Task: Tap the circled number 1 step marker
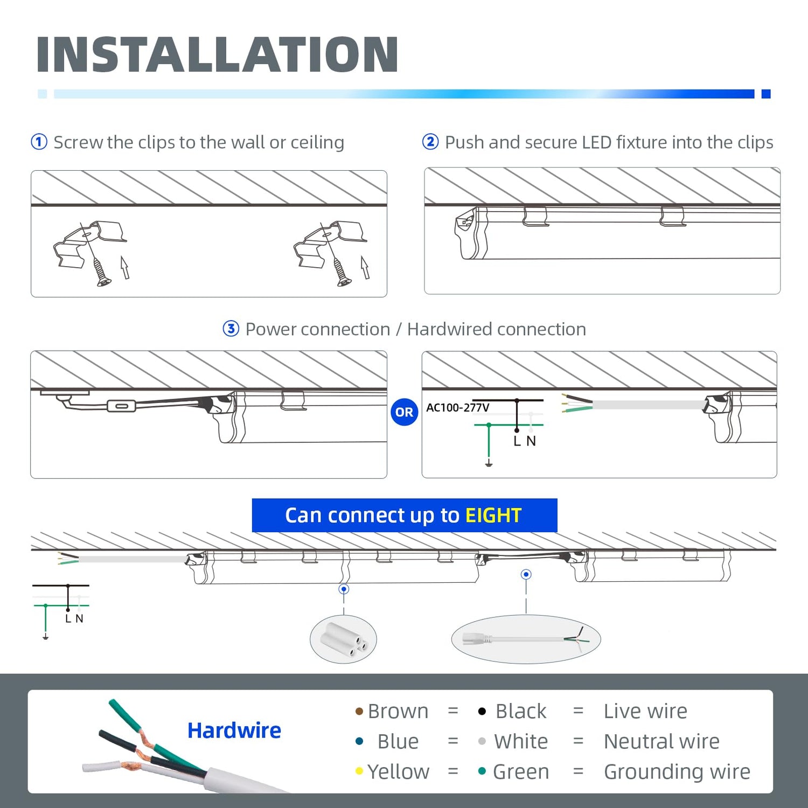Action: tap(39, 142)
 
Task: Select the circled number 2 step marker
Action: tap(430, 142)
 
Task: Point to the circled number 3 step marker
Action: tap(231, 329)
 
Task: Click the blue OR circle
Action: tap(404, 412)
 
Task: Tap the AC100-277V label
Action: tap(457, 408)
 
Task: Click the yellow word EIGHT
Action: tap(493, 516)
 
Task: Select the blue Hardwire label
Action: tap(234, 730)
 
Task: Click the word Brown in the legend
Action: tap(398, 711)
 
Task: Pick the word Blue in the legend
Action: tap(398, 742)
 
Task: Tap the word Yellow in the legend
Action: tap(398, 772)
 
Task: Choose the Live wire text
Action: tap(645, 711)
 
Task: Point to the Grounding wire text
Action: tap(677, 772)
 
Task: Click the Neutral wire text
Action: tap(661, 742)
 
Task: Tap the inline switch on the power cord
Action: tap(121, 406)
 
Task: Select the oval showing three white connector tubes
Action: tap(343, 639)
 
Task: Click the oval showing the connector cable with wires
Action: tap(526, 639)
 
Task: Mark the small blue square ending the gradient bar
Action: tap(766, 94)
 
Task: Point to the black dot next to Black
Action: tap(482, 712)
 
